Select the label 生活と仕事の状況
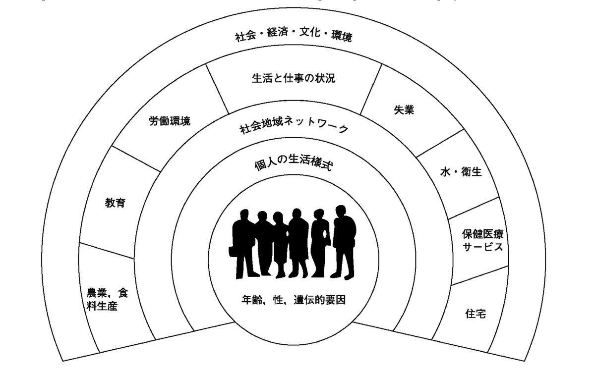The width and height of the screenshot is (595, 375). coord(294,78)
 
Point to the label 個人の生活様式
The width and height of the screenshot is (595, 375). coord(294,163)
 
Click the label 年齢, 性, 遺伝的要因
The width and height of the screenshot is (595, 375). coord(294,300)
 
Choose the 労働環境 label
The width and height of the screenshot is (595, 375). coord(170,121)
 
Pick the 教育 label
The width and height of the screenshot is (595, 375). coord(115,203)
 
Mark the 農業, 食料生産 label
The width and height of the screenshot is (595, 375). coord(107,300)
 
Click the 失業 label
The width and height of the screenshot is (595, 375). coord(404,110)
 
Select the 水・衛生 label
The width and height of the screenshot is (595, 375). coord(461,172)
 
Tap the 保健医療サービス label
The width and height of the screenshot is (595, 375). coord(482,240)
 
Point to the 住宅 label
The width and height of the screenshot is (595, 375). coord(476,314)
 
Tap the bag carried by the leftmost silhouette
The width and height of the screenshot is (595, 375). coord(233,252)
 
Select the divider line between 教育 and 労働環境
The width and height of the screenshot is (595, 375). coord(136,159)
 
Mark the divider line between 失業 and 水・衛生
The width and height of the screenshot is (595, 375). coord(440,143)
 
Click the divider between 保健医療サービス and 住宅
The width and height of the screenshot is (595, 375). coord(480,276)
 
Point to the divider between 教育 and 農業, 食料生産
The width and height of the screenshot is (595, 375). coord(107,251)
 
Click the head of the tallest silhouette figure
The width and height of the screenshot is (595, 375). coord(341,211)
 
